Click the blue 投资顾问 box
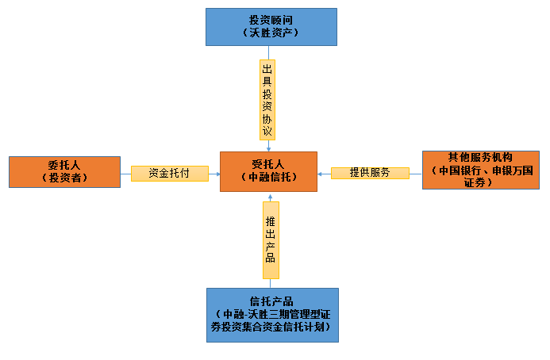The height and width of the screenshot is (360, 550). point(271,26)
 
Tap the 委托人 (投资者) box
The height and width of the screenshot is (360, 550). point(63,171)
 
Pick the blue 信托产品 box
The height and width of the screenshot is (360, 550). point(271,315)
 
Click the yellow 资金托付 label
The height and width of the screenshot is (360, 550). point(169,173)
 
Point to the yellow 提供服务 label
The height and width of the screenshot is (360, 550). point(370,173)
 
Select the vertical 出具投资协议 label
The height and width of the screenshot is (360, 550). point(268,99)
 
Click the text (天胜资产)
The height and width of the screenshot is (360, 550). point(271,33)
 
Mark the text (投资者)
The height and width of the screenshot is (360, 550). point(63,178)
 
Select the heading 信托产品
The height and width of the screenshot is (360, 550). point(271,301)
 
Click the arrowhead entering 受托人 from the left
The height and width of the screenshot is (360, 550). point(217,173)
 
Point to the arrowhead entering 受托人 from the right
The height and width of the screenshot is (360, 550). point(320,173)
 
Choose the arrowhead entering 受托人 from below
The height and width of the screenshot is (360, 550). point(269,194)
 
